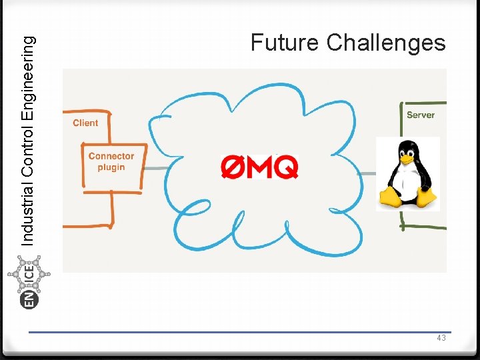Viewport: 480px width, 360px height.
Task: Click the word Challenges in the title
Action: (x=386, y=43)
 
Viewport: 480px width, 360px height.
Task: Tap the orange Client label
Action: (x=85, y=123)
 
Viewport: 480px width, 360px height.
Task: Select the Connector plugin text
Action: (x=111, y=162)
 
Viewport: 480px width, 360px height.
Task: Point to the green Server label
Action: (x=421, y=115)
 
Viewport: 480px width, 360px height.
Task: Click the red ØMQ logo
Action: (x=259, y=167)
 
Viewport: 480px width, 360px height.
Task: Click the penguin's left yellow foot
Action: (x=391, y=196)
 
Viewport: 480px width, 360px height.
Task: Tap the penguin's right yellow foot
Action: (x=425, y=196)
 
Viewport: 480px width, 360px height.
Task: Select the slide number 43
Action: (x=441, y=339)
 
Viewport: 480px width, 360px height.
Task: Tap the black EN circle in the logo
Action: (x=30, y=300)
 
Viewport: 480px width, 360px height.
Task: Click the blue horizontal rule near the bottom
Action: (x=240, y=332)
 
